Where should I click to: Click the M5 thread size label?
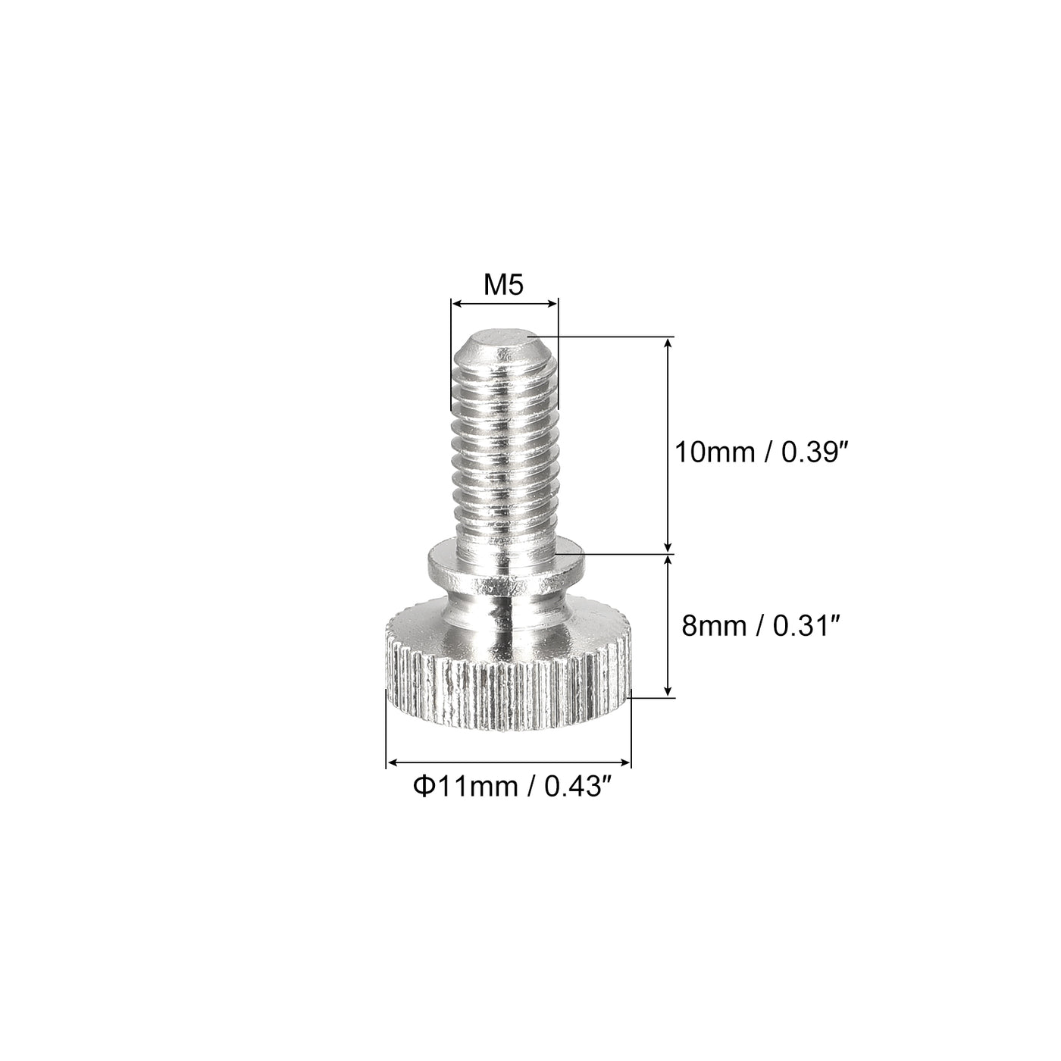[x=503, y=286]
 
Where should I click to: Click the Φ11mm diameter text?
[x=465, y=786]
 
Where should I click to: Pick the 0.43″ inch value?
[x=579, y=786]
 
